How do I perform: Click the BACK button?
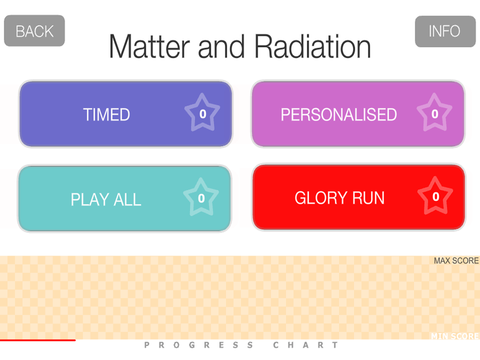coord(34,30)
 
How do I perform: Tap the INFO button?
coord(445,31)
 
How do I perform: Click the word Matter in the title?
coord(150,46)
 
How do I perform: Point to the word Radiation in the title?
coord(313,46)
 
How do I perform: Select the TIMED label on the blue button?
coord(106,115)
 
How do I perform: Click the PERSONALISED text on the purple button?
coord(338,115)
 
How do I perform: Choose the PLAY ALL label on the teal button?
coord(106,200)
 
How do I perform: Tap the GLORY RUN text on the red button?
coord(339,198)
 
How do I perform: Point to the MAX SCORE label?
coord(456,261)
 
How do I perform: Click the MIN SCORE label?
coord(455,336)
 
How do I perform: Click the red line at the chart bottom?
coord(37,340)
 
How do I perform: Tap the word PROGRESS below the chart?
coord(199,345)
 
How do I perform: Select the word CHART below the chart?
coord(306,345)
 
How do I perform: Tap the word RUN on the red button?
coord(368,198)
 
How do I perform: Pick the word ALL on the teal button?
coord(127,200)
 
